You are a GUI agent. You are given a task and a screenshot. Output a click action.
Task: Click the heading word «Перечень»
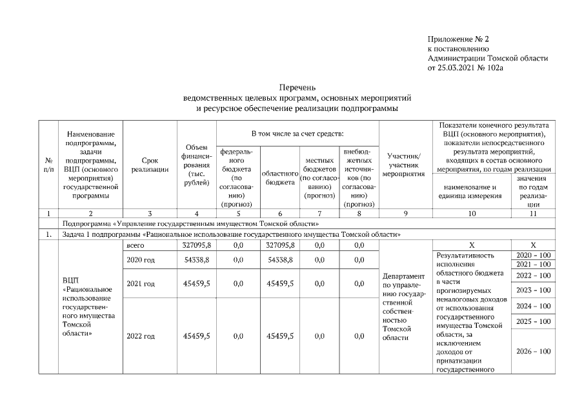[297, 87]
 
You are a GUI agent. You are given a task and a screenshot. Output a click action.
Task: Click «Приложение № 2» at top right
[458, 40]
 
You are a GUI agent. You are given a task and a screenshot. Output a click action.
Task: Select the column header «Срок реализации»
[150, 165]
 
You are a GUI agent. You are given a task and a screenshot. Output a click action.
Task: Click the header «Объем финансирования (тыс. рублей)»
[196, 165]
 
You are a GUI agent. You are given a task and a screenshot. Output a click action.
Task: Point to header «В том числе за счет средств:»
[297, 133]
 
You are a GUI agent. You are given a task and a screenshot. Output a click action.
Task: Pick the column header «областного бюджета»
[279, 178]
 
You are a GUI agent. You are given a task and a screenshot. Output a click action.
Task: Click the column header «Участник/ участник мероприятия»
[403, 165]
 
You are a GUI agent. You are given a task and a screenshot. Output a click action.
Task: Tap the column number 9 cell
[403, 212]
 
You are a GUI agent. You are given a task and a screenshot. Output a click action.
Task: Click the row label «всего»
[136, 245]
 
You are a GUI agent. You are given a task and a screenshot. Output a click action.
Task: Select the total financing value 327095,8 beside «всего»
[197, 245]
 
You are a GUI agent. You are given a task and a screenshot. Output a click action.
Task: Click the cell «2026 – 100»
[533, 351]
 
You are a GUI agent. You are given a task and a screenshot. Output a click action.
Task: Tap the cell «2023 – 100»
[533, 290]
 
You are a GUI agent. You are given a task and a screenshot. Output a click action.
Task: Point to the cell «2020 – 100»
[533, 256]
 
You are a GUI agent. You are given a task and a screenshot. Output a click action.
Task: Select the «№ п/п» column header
[48, 165]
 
